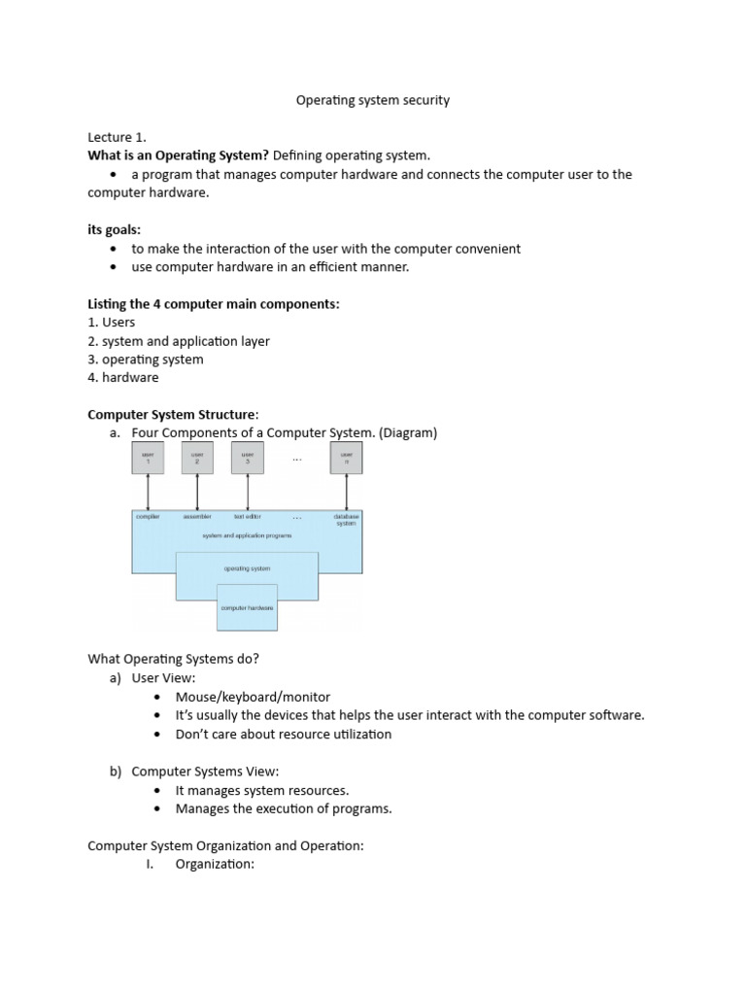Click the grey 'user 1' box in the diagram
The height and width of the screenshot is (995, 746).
(x=148, y=458)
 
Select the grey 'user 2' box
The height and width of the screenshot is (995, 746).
(x=197, y=458)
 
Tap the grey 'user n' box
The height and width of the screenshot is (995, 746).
(x=347, y=458)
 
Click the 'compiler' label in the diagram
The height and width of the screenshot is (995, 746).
(x=148, y=517)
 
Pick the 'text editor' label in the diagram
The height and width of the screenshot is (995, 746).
(x=247, y=517)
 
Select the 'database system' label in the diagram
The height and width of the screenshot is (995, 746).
(x=346, y=520)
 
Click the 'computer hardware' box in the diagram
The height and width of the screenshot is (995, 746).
(x=247, y=607)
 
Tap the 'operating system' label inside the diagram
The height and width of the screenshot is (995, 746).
(x=247, y=568)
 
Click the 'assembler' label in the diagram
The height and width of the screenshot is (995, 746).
(x=197, y=517)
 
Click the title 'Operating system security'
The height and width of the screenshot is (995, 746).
(x=373, y=100)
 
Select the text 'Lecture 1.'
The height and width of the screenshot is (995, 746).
(x=117, y=137)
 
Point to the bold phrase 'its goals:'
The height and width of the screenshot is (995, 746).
(x=115, y=229)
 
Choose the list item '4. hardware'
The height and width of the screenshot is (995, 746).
(x=123, y=377)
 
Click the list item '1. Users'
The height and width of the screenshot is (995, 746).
(x=112, y=322)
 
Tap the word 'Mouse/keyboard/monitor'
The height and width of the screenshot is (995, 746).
(x=253, y=697)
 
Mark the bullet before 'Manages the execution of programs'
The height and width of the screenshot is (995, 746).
(x=158, y=808)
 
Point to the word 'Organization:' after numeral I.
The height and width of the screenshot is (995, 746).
(x=215, y=864)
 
